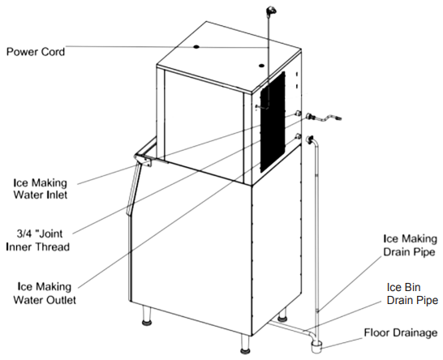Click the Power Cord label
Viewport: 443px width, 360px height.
(36, 52)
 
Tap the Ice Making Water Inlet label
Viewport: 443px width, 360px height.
(41, 189)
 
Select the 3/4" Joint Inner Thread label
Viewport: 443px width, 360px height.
(38, 240)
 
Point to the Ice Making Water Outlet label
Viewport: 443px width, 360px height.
(45, 293)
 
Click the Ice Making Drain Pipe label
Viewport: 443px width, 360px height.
(410, 245)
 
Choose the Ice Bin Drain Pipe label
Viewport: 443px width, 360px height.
(412, 294)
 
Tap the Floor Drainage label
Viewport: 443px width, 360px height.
(400, 332)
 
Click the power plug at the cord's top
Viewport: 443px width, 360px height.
(271, 11)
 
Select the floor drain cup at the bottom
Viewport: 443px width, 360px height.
(316, 346)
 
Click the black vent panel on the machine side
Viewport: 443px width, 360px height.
(273, 122)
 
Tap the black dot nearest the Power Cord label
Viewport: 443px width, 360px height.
(196, 46)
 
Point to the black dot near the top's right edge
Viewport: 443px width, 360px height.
(261, 66)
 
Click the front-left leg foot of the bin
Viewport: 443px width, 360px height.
(147, 323)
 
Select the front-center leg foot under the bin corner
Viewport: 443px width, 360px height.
(245, 351)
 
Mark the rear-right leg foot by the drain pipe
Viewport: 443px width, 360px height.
(282, 319)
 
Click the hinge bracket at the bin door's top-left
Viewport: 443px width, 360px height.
(144, 161)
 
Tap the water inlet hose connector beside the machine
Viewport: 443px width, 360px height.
(310, 116)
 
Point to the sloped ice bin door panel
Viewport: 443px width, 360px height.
(133, 189)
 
